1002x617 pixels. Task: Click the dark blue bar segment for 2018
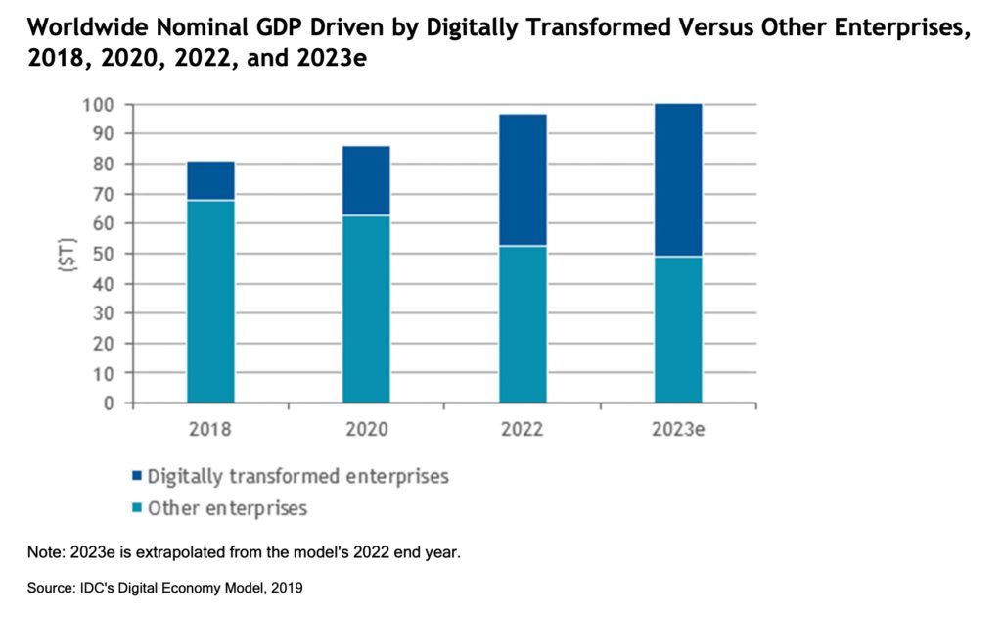210,180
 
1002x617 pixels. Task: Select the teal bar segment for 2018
210,302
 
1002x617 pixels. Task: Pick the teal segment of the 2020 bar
366,308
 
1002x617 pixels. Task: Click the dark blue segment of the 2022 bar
523,179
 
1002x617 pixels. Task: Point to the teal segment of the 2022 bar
523,324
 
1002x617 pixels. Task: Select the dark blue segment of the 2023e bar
678,179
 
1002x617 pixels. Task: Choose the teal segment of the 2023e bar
678,329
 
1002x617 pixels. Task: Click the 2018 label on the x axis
210,429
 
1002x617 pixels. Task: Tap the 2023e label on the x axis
678,429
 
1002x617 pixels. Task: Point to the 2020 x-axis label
366,429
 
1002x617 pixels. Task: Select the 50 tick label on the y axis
105,254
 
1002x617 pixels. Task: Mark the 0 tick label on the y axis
110,403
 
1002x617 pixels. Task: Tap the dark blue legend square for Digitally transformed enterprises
136,478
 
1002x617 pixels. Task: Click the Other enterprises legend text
227,508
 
